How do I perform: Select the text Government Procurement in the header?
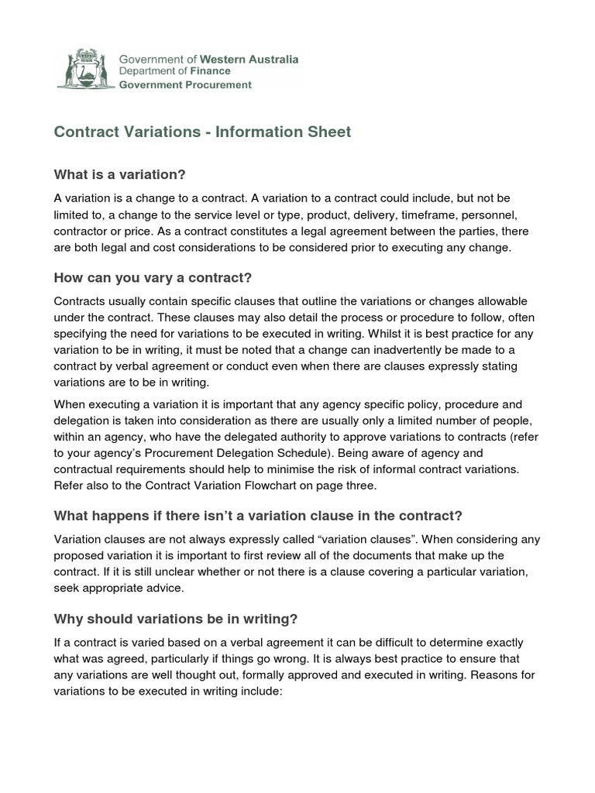[184, 85]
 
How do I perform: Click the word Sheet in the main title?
[331, 132]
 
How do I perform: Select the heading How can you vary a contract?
[153, 277]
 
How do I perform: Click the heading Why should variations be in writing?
[175, 619]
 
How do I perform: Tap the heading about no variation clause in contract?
[257, 516]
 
